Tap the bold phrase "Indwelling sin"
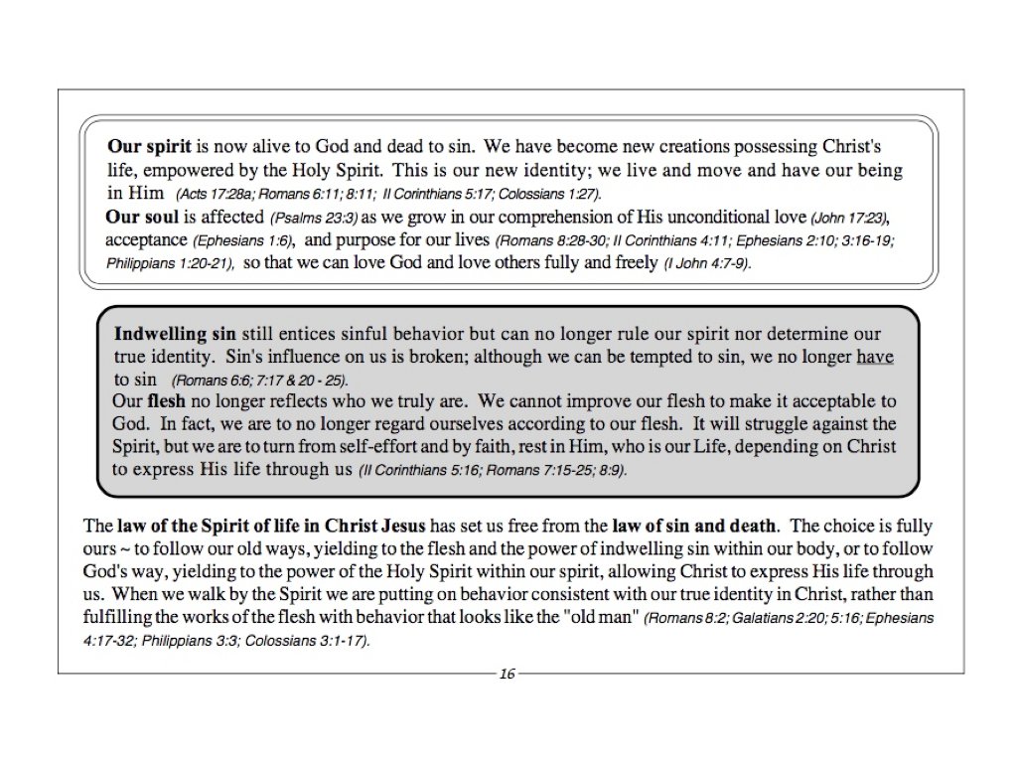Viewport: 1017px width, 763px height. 165,334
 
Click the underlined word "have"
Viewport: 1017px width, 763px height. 875,357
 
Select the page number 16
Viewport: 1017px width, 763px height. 508,675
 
